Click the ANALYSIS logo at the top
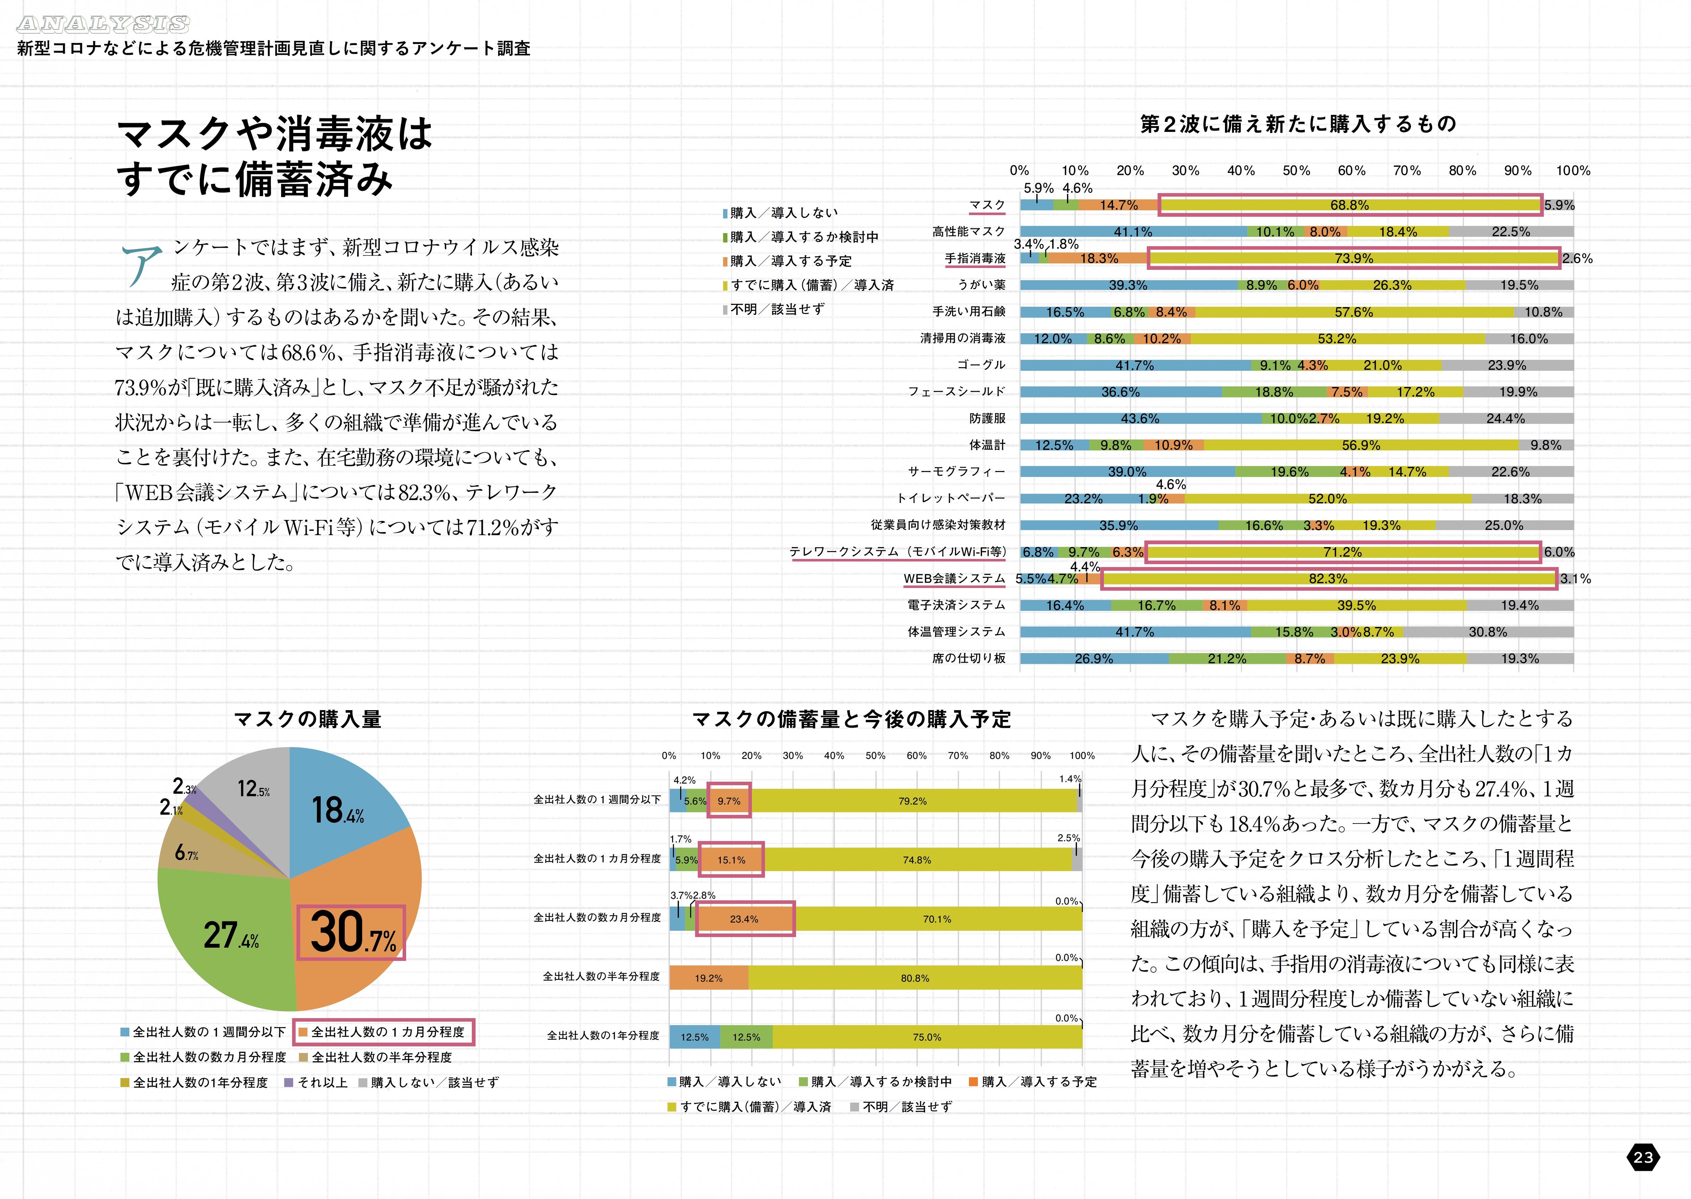(103, 24)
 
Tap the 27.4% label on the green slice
(231, 935)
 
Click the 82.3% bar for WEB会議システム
(1328, 579)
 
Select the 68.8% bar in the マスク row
(1349, 205)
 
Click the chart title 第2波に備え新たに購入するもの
(1298, 124)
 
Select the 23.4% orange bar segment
(744, 919)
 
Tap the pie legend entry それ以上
(322, 1082)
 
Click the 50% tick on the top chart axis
(1296, 171)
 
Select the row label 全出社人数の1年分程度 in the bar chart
(603, 1036)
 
